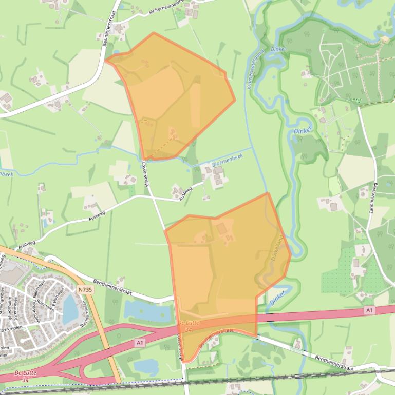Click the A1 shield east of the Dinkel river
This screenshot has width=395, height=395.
369,310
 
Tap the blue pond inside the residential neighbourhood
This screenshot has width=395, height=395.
69,307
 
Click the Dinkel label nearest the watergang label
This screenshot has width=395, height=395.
277,49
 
